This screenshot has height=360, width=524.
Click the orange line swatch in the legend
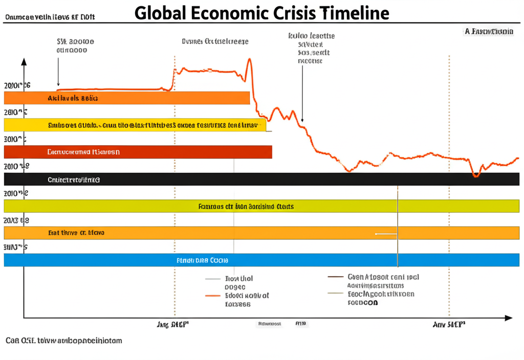point(213,296)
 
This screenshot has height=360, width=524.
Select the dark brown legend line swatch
point(335,277)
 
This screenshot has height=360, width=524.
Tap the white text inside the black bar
point(74,180)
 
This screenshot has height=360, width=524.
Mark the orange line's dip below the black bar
point(476,175)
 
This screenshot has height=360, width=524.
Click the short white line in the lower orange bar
point(386,234)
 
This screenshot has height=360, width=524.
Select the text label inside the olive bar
point(246,207)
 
